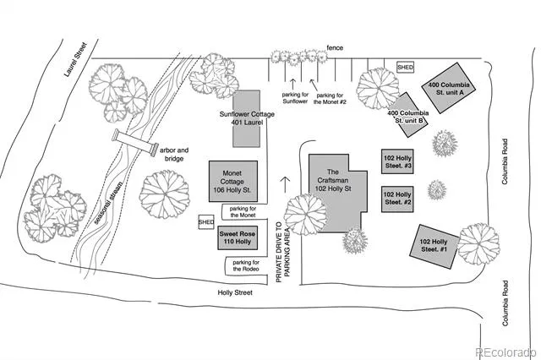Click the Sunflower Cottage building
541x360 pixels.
coord(246,118)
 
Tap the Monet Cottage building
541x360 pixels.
coord(233,181)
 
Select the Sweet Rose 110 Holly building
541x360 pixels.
coord(238,237)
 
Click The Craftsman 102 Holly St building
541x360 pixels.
coord(336,194)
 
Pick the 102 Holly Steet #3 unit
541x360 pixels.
coord(397,161)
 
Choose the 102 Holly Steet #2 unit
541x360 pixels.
coord(397,199)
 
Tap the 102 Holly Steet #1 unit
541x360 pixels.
coord(434,247)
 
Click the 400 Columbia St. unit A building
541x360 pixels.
coord(449,88)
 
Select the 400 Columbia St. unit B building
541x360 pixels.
coord(410,115)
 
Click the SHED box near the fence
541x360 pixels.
coord(406,68)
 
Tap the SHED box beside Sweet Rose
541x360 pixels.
coord(206,222)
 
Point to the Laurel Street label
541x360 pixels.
coord(75,59)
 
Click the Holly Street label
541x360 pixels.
coord(235,292)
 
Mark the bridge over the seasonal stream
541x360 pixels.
coord(135,143)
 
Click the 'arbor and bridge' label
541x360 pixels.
coord(174,155)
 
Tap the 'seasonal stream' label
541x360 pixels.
coord(108,203)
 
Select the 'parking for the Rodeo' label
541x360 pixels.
coord(246,265)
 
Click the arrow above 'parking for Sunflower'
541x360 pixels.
coord(293,84)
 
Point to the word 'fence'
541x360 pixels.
coord(335,47)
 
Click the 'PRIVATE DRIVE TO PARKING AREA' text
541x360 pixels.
coord(283,253)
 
